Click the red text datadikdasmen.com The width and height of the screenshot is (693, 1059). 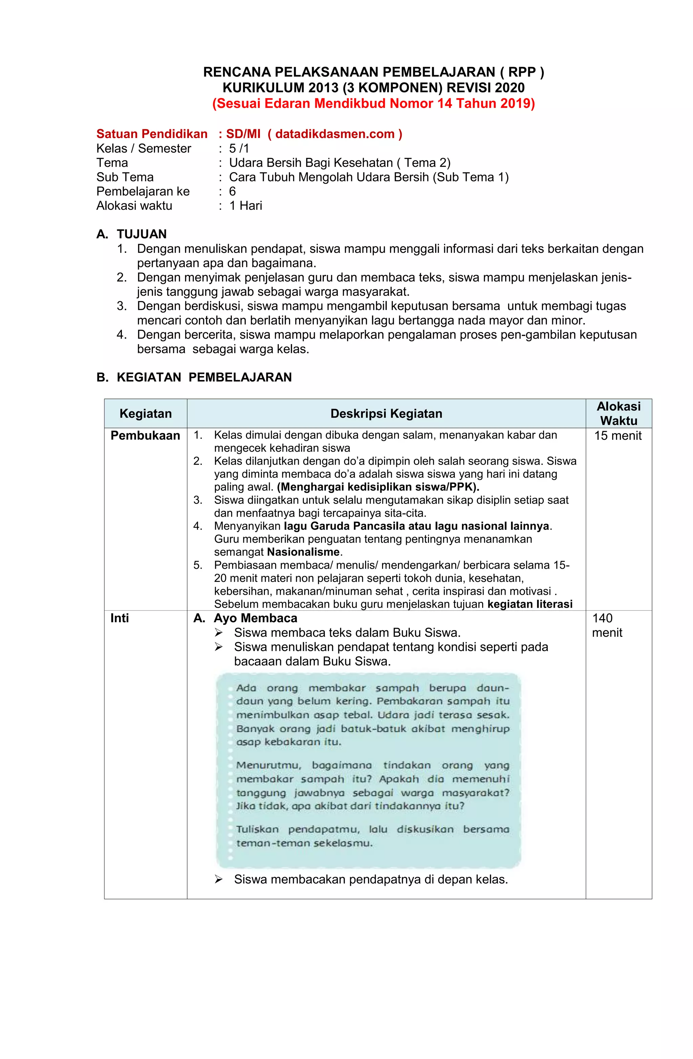click(335, 134)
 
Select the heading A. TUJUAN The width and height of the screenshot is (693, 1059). click(132, 234)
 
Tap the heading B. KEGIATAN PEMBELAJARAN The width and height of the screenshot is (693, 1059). click(194, 377)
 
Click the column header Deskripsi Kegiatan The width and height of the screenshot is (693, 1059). click(386, 414)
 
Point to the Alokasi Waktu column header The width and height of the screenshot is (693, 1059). click(618, 413)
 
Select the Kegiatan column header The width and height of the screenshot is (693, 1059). click(146, 414)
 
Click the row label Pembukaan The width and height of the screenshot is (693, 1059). click(145, 436)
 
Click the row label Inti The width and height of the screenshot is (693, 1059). click(120, 618)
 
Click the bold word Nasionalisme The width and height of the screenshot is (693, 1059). click(303, 552)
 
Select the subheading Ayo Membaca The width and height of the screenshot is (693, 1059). click(255, 618)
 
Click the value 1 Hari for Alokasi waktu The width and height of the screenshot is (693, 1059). click(246, 206)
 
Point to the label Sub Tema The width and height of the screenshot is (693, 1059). click(125, 177)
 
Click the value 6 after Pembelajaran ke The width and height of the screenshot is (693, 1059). click(232, 191)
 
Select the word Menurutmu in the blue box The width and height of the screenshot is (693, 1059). click(268, 765)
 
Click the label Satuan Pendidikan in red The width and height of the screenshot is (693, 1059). click(152, 134)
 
